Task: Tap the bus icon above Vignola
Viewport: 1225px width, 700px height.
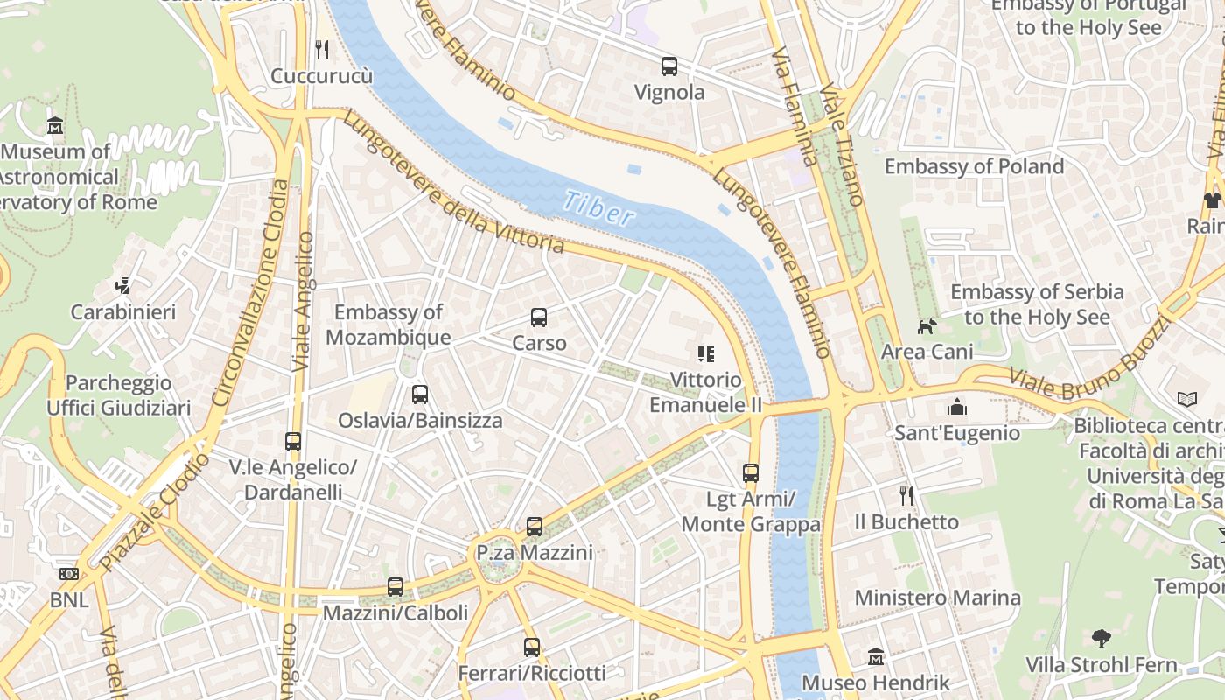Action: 669,66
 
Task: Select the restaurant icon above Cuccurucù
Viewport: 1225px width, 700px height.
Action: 322,49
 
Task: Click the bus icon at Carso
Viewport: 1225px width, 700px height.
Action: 539,318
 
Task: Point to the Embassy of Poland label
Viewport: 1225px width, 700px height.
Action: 974,166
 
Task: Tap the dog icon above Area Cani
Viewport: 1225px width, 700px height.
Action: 927,326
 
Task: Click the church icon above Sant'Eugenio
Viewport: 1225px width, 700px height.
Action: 957,407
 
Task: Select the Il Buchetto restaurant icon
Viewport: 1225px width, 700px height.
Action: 906,496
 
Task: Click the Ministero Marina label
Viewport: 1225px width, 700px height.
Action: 937,598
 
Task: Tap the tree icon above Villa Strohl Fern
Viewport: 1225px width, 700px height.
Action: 1101,639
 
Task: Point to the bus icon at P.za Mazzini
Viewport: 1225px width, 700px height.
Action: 535,527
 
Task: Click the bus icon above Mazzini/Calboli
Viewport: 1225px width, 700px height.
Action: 395,587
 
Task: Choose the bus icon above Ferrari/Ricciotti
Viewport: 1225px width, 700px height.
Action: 532,647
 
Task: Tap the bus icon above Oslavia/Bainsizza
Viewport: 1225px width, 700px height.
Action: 420,395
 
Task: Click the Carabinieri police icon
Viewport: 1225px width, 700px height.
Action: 123,285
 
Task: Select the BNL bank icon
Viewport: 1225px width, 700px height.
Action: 68,574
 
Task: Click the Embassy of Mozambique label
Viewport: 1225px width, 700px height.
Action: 388,325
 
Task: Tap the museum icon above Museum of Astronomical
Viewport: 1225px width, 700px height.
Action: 55,125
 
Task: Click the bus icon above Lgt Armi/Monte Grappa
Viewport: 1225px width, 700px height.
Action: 751,473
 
